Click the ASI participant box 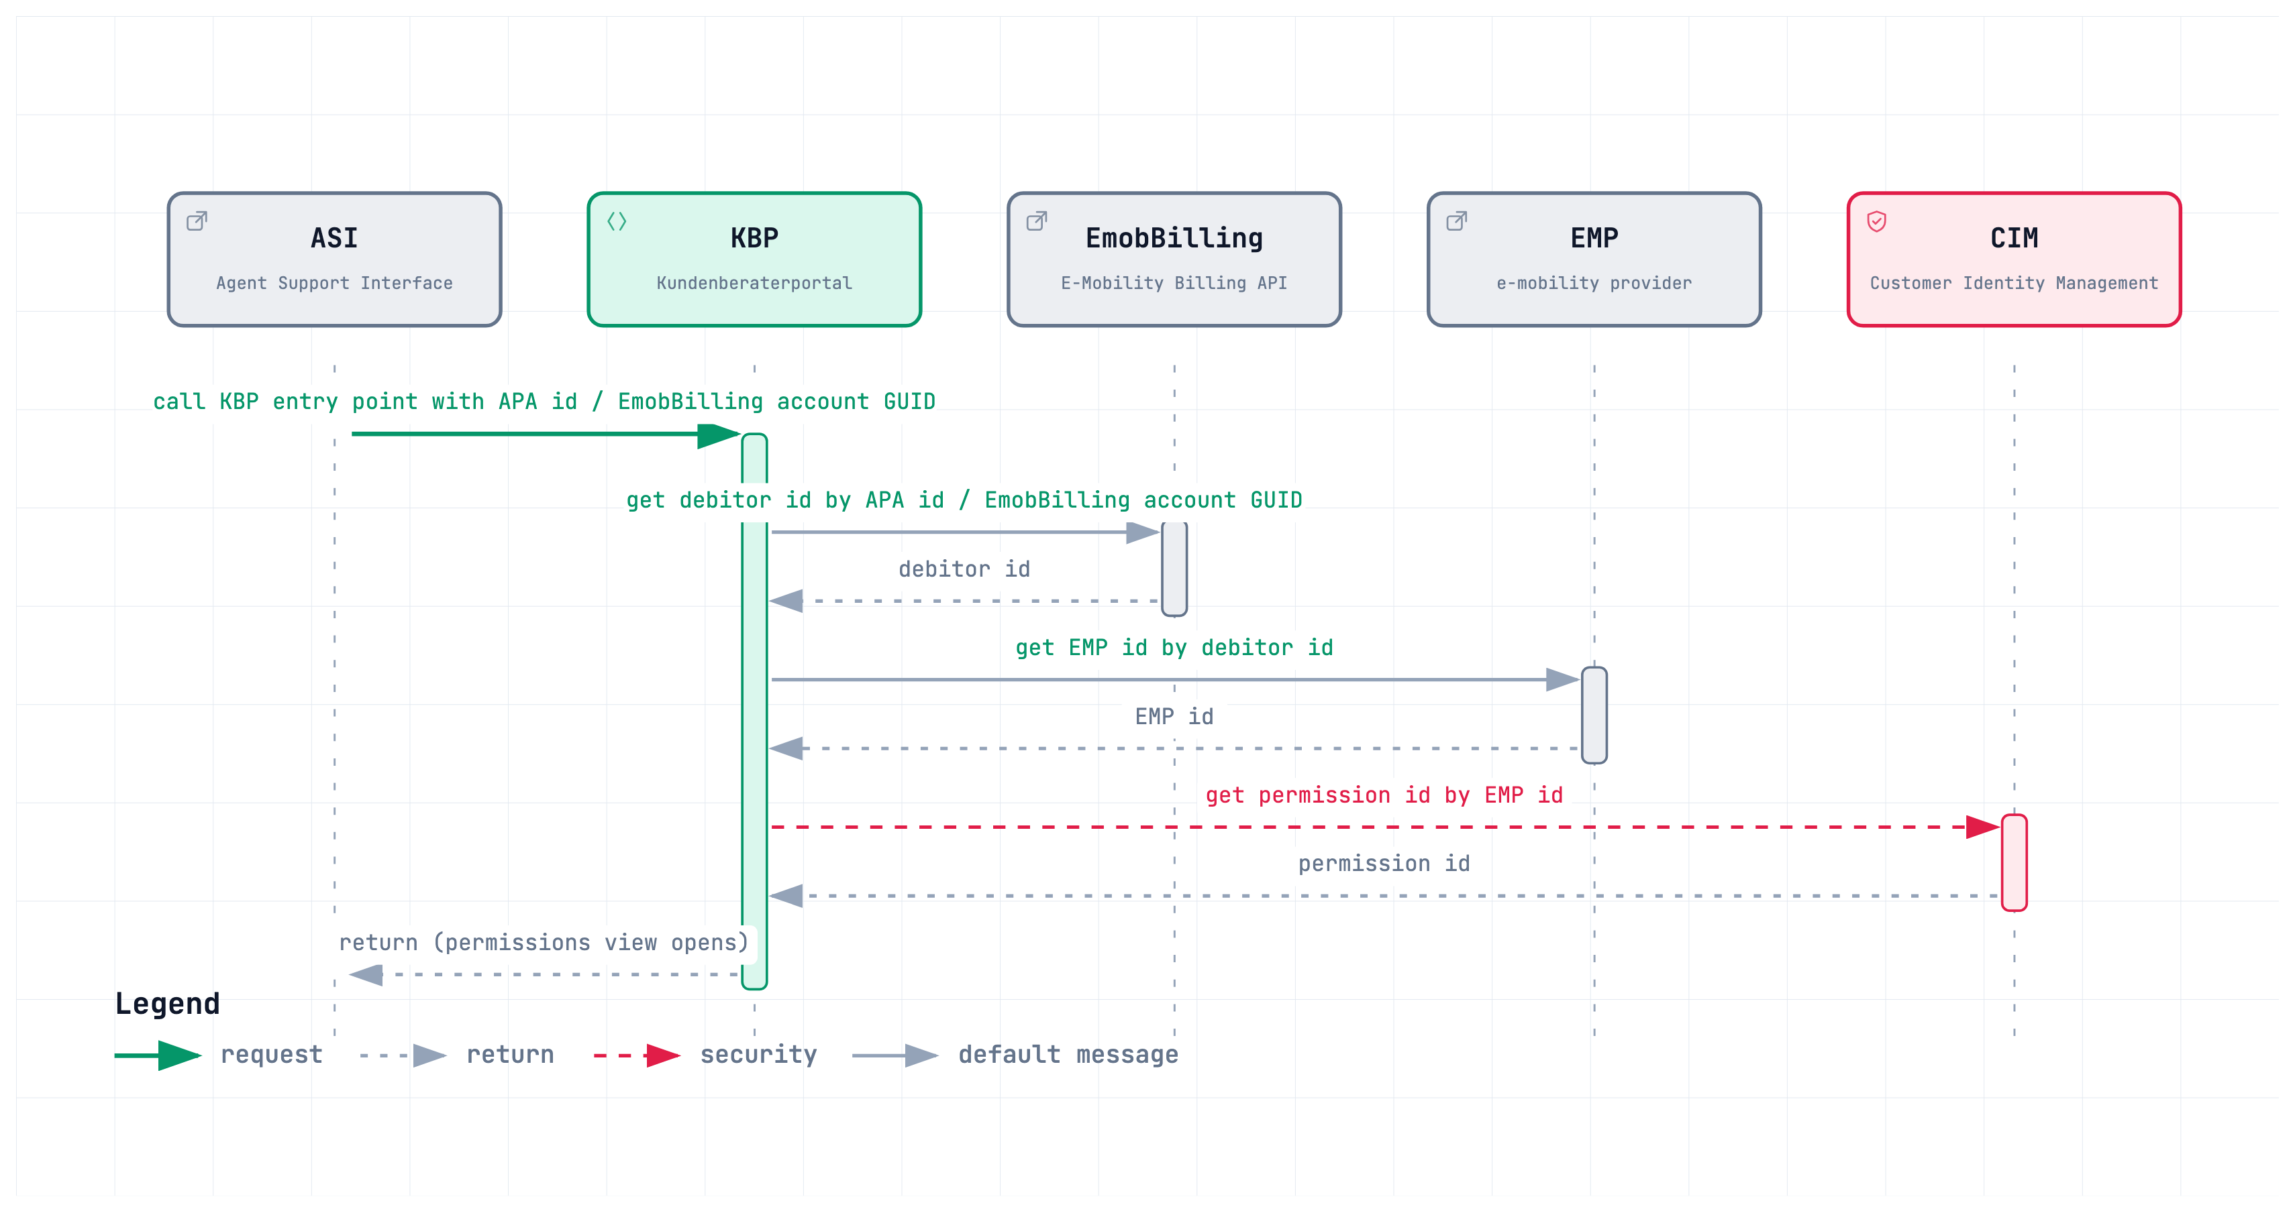pos(334,259)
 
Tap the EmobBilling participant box pos(1174,259)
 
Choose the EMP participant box pos(1594,259)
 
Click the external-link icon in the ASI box pos(197,221)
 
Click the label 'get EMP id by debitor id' pos(1174,647)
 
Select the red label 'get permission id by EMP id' pos(1384,795)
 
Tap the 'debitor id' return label pos(964,569)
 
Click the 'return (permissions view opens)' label pos(544,942)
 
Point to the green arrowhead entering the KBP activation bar pos(719,435)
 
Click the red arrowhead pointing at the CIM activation pos(1983,827)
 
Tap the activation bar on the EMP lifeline pos(1594,715)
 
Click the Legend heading pos(168,1004)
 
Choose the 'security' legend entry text pos(758,1055)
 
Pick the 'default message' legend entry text pos(1068,1055)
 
